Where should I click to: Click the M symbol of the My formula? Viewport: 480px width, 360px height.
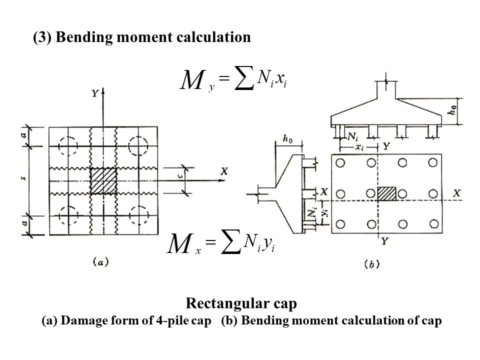[192, 80]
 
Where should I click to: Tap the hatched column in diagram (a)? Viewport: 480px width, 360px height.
[103, 180]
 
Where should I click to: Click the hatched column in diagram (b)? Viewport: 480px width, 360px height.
[386, 193]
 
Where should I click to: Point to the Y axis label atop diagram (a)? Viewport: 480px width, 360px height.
[94, 93]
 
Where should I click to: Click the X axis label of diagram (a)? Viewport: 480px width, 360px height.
[224, 171]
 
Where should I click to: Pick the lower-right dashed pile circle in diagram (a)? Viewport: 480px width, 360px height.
[137, 216]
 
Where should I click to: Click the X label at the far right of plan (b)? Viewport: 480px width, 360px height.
[457, 193]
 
